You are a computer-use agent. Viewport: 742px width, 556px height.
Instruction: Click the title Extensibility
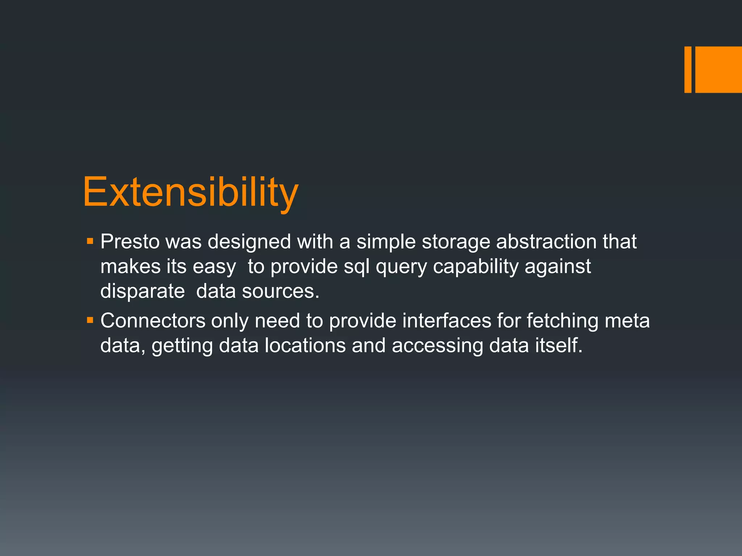click(x=191, y=192)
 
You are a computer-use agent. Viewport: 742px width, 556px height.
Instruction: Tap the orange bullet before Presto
click(x=90, y=241)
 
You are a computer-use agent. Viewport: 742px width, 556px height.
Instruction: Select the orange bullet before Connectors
click(x=90, y=320)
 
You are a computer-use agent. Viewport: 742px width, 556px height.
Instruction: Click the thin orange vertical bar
click(x=688, y=69)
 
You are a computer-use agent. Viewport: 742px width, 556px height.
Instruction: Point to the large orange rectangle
click(x=718, y=69)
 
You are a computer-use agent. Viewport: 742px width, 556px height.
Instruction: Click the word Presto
click(x=130, y=241)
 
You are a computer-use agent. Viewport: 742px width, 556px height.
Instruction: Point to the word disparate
click(x=142, y=292)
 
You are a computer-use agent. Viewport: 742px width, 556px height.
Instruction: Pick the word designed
click(x=249, y=242)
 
